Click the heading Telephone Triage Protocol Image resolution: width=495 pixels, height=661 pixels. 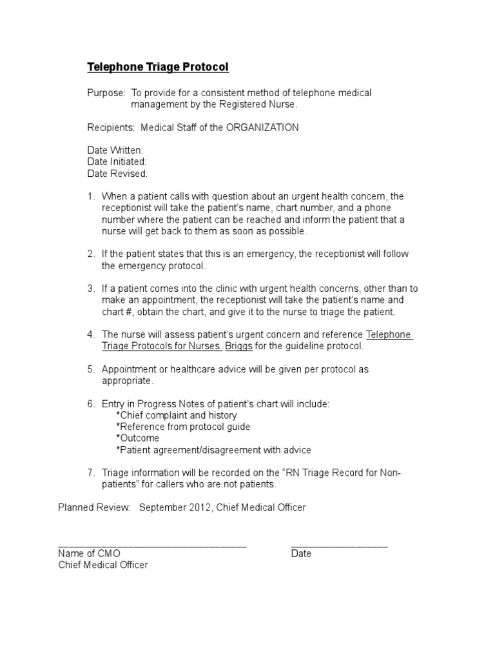coord(158,67)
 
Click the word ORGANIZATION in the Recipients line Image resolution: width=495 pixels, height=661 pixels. coord(262,128)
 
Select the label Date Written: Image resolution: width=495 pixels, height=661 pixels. coord(115,150)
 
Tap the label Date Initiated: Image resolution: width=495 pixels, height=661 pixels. coord(117,162)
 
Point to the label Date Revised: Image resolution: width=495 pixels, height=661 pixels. coord(117,174)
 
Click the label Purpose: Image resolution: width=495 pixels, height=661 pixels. coord(106,93)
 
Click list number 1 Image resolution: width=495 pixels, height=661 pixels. coord(91,196)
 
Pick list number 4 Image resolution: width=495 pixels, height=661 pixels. coord(91,334)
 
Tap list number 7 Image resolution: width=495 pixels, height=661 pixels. coord(91,473)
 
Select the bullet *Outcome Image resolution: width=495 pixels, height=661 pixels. coord(137,438)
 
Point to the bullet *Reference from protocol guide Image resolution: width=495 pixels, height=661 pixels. coord(183,427)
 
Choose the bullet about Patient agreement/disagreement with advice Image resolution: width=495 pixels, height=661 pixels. coord(213,450)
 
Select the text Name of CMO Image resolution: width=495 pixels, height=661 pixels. coord(89,554)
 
